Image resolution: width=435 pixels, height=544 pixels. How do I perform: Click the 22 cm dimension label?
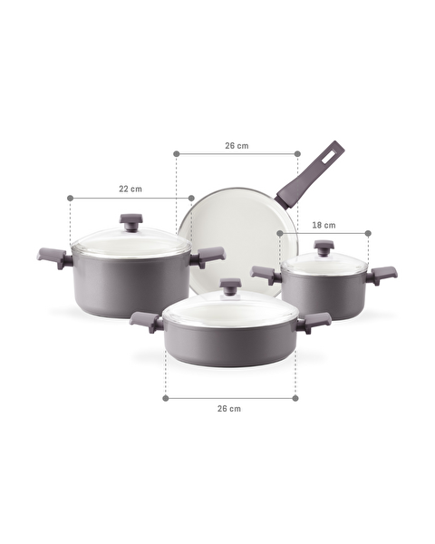click(130, 189)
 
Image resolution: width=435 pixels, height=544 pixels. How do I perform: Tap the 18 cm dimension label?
click(324, 225)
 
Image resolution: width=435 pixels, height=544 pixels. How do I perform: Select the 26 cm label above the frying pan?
click(237, 145)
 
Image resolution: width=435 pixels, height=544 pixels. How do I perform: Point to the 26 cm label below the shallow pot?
click(229, 409)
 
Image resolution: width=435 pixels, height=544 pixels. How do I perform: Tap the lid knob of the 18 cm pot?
click(324, 247)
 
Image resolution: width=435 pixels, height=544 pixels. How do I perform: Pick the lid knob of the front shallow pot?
click(230, 286)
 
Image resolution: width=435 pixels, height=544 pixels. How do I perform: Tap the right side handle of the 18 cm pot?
click(382, 273)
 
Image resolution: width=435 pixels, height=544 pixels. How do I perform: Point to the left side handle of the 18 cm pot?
click(266, 274)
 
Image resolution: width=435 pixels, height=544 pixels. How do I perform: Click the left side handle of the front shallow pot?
click(146, 321)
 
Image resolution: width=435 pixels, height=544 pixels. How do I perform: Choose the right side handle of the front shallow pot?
click(314, 321)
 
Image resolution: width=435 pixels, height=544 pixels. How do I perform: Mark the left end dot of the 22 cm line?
click(70, 198)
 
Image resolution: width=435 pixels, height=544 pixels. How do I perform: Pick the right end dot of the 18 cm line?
click(368, 233)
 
